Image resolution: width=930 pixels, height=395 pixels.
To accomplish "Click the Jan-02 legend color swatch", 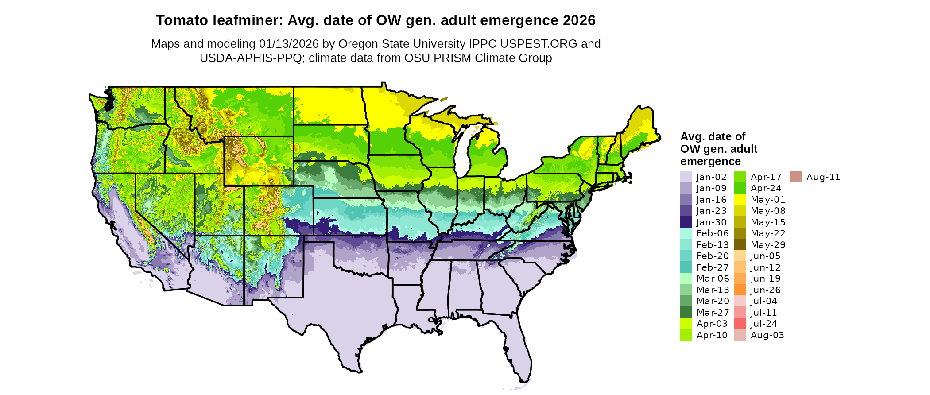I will click(686, 177).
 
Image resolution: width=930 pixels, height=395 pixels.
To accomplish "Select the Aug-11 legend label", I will click(823, 177).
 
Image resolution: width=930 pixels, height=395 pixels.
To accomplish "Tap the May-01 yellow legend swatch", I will click(740, 200).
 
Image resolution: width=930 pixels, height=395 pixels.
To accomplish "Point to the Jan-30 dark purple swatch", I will click(686, 222).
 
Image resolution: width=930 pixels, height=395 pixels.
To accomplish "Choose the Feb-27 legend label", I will click(712, 267).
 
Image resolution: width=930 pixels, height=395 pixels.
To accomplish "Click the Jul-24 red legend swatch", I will click(740, 324).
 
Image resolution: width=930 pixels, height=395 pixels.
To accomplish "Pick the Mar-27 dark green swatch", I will click(686, 313).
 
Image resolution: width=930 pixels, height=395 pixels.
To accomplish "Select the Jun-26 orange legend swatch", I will click(740, 290).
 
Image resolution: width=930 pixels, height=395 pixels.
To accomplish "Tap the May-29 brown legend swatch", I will click(740, 245).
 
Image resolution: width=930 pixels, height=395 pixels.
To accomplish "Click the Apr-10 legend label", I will click(712, 335).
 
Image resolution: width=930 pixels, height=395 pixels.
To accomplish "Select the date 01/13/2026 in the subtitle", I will click(289, 44).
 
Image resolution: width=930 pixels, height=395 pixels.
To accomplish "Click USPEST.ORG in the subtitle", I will click(539, 44).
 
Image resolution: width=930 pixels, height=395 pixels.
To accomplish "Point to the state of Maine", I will click(640, 128).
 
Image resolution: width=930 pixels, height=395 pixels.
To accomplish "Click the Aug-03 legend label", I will click(767, 335).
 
